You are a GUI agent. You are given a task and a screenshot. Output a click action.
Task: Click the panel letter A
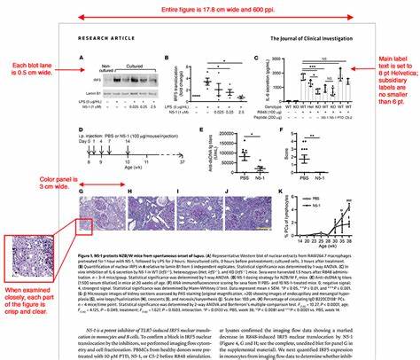(x=81, y=58)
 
